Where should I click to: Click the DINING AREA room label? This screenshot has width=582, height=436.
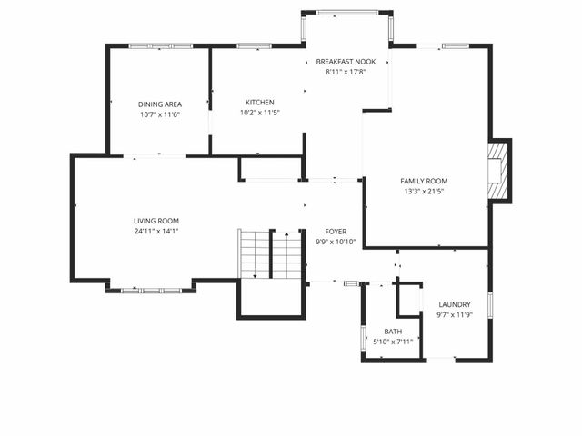(160, 104)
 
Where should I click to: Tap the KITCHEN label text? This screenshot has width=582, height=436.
(260, 102)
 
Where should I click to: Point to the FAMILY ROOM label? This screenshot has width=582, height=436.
(426, 181)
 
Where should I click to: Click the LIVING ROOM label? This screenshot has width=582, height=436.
(156, 221)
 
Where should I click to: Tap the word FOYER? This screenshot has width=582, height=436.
(336, 232)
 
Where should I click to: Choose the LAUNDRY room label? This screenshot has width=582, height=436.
(455, 304)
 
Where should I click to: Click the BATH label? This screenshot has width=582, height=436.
(393, 332)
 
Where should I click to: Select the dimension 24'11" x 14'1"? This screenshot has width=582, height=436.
(156, 232)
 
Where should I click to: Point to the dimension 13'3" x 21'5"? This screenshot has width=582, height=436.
(426, 192)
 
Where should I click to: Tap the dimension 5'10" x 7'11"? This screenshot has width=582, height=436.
(393, 342)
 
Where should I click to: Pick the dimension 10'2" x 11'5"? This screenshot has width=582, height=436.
(260, 113)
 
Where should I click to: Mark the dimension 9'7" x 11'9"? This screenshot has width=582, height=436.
(455, 315)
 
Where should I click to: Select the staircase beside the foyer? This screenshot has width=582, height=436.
(271, 255)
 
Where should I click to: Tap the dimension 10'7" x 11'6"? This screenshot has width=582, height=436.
(160, 115)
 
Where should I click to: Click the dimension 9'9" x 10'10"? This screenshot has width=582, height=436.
(336, 243)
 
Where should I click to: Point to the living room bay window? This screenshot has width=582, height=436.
(150, 290)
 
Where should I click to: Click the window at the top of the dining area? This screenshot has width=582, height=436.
(160, 45)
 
